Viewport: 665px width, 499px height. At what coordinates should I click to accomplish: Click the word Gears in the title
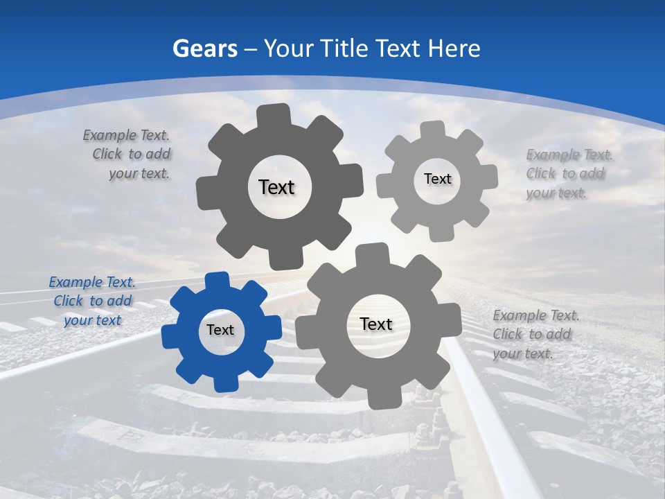coord(204,49)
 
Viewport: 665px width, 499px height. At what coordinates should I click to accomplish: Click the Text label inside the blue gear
coord(220,330)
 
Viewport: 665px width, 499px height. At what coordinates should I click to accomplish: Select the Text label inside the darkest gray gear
coord(276,187)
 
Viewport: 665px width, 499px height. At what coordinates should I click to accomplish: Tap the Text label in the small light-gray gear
coord(437,179)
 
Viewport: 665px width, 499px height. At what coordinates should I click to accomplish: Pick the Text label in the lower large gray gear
coord(376,324)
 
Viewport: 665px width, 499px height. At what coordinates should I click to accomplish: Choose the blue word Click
coord(69,301)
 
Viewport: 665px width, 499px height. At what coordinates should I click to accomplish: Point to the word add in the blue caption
coord(120,301)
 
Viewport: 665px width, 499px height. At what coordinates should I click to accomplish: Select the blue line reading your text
coord(92,320)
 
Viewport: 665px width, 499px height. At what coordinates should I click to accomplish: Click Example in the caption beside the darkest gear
coord(109,136)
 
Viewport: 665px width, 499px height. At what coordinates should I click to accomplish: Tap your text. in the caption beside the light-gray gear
coord(556,193)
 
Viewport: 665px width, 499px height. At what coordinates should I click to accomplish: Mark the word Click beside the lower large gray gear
coord(508,334)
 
